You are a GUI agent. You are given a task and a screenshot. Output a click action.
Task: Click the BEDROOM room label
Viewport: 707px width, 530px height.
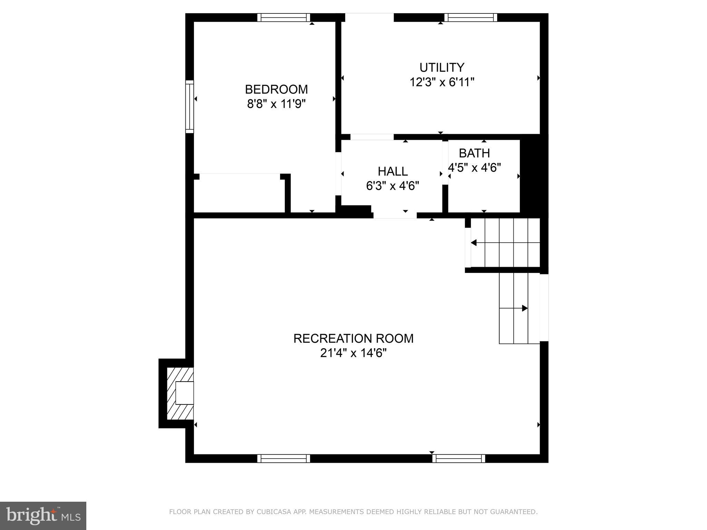276,89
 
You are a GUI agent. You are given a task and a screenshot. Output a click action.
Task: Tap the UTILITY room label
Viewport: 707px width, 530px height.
442,67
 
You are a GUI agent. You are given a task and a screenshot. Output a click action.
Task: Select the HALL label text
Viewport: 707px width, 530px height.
393,171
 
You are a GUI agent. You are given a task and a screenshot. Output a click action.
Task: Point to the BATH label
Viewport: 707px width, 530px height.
474,153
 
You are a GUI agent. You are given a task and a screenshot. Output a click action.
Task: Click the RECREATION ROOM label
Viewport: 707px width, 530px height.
353,338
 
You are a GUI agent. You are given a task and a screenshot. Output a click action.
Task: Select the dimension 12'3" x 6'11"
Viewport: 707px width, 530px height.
442,82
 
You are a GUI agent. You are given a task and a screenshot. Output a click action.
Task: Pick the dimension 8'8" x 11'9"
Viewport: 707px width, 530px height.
276,104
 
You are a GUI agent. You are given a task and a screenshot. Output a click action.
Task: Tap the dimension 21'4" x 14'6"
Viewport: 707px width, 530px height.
353,353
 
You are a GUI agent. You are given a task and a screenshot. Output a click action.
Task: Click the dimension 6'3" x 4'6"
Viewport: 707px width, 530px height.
393,186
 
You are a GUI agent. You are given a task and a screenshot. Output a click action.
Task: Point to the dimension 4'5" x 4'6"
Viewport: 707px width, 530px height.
474,168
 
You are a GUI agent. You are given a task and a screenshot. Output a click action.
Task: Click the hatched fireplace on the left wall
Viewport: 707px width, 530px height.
180,393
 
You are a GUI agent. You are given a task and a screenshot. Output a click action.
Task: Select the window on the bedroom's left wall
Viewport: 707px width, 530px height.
190,106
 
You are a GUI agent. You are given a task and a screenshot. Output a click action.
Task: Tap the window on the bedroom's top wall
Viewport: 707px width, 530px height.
283,18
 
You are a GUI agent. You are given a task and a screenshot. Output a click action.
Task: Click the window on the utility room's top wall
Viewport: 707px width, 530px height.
471,18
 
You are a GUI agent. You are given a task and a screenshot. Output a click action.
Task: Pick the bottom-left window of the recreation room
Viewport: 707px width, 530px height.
283,458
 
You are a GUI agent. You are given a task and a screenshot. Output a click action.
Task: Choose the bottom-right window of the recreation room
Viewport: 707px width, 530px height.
458,458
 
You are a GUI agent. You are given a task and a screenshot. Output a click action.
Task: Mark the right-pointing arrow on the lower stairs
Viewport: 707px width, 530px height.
524,308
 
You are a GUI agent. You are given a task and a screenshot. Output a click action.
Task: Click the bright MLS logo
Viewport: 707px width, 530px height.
43,516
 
